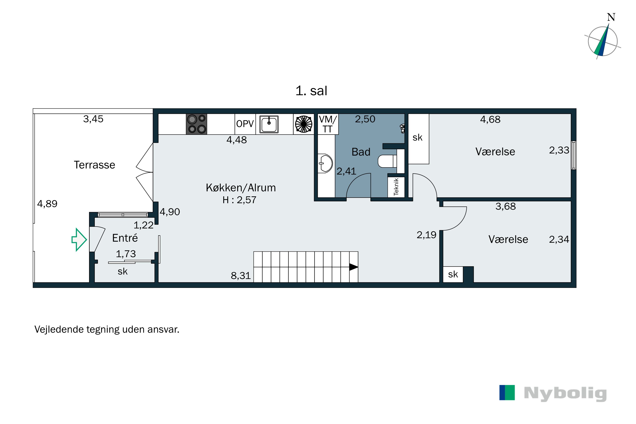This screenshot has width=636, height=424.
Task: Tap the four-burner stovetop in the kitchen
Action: (197, 124)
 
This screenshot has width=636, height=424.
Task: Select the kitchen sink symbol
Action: (269, 124)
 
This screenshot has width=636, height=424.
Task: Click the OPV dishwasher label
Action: (245, 124)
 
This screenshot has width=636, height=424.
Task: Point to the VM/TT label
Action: (328, 124)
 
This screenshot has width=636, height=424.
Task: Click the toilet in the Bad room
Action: (387, 161)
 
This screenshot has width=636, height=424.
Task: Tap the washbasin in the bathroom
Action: (325, 163)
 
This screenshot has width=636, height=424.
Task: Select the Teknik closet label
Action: (396, 187)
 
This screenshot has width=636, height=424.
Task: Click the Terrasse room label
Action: (94, 165)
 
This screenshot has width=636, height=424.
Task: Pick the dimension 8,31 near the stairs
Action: (241, 276)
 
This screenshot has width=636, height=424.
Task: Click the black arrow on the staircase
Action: (353, 267)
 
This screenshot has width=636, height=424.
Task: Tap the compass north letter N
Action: (611, 17)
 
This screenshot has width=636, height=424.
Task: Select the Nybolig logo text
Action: (565, 393)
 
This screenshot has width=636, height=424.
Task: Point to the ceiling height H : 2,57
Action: (239, 200)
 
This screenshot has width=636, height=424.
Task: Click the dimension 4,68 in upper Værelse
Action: (490, 119)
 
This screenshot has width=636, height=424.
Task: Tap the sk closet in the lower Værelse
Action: (453, 274)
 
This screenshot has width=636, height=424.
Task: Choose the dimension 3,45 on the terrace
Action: (93, 119)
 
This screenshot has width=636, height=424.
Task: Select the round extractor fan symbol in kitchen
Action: (303, 124)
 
